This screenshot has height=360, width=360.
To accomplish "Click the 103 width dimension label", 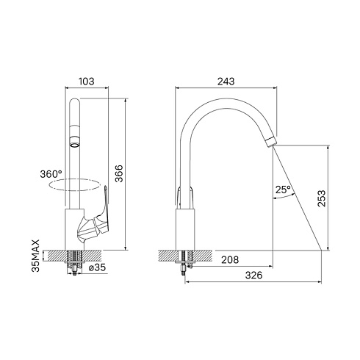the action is [x=87, y=82].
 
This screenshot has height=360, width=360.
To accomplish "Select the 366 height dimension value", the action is [x=119, y=173].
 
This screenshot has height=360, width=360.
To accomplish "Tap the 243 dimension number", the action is [x=226, y=82].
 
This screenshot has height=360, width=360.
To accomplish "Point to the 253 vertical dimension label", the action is [x=322, y=198].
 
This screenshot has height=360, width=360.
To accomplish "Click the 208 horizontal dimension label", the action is [x=230, y=260].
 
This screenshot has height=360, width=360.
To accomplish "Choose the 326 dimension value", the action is [x=253, y=276].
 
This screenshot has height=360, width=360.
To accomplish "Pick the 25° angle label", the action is [x=283, y=190].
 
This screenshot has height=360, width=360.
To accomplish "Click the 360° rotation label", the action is [x=51, y=174].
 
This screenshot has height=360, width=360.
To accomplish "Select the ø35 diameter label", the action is [x=97, y=267].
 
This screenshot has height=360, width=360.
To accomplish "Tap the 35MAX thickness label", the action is [x=36, y=256].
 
